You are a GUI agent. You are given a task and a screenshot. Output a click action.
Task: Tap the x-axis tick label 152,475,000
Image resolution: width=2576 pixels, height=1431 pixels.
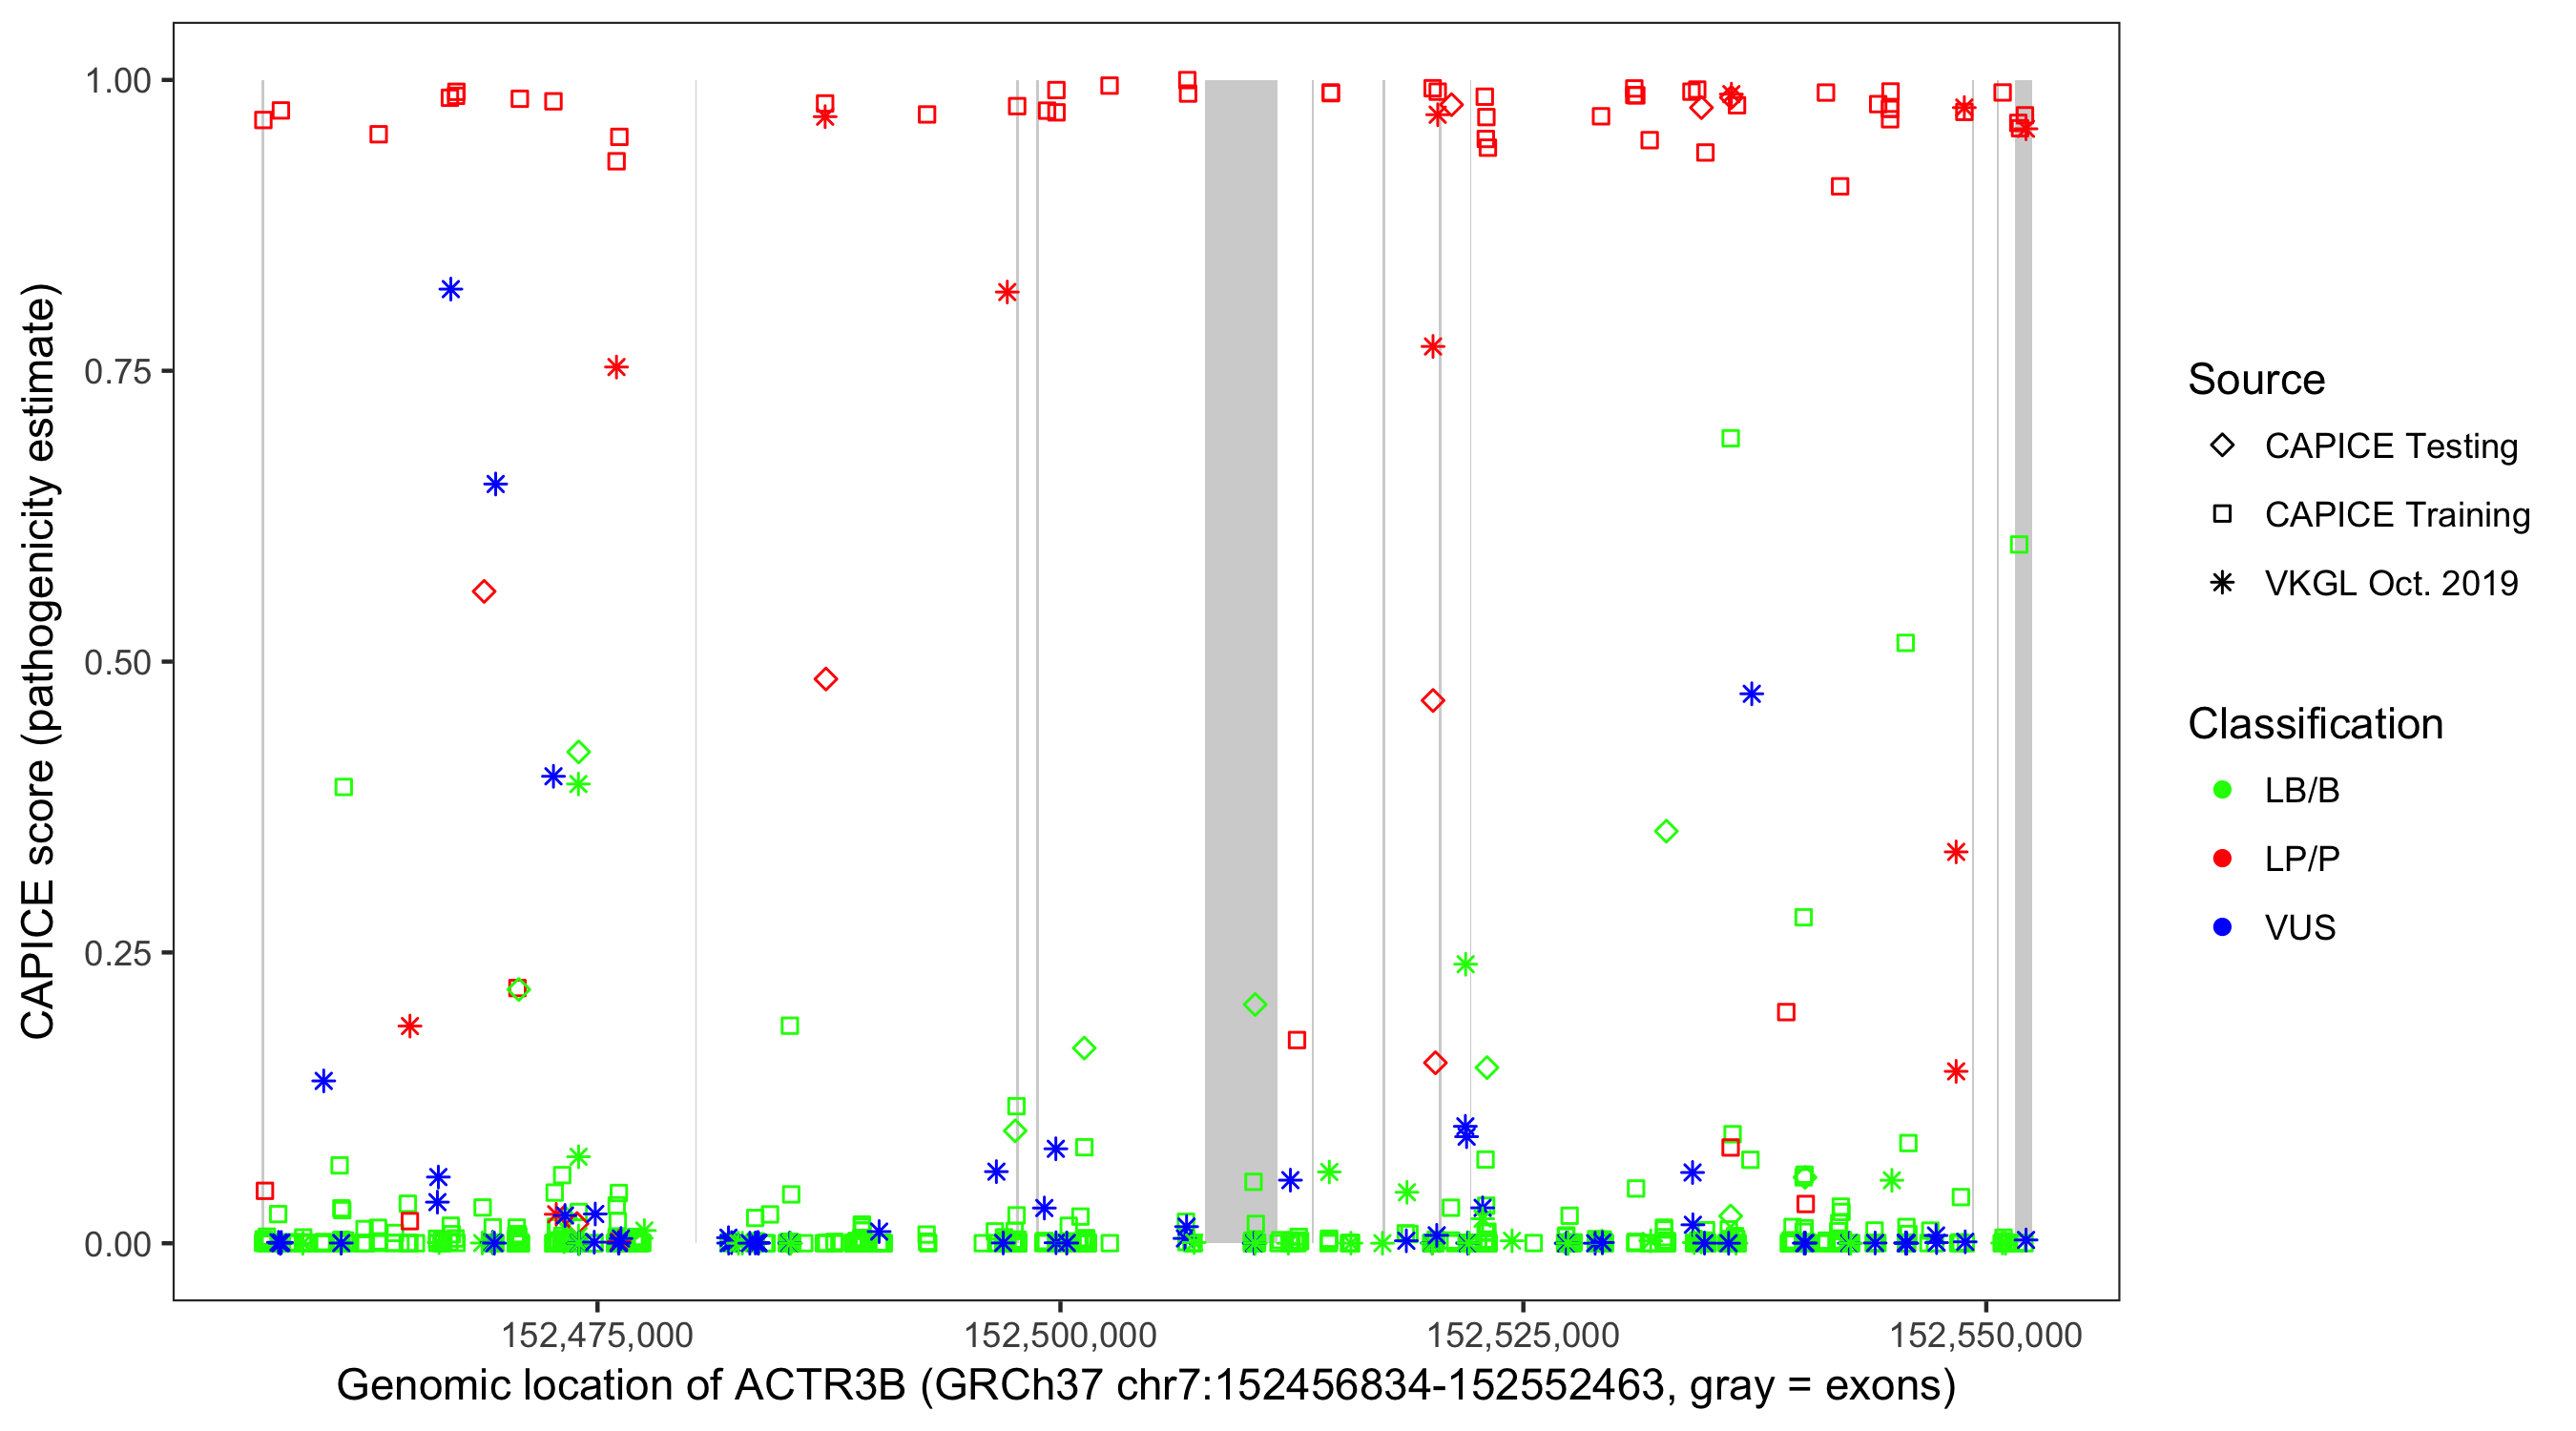pyautogui.click(x=597, y=1335)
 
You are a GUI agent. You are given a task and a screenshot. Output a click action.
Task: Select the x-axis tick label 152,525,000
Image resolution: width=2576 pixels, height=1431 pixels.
pyautogui.click(x=1523, y=1335)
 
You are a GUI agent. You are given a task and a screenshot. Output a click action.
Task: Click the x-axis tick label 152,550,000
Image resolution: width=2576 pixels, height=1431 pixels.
pyautogui.click(x=1986, y=1335)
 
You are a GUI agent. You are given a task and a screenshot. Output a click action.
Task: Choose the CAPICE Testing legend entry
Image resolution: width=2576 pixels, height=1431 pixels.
pyautogui.click(x=2390, y=446)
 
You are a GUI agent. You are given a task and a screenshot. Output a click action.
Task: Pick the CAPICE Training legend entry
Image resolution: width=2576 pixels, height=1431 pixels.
pyautogui.click(x=2396, y=515)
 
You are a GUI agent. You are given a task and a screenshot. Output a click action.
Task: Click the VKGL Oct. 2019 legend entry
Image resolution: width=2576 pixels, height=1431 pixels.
pyautogui.click(x=2390, y=583)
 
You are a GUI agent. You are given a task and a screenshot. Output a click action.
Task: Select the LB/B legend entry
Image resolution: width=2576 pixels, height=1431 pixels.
pyautogui.click(x=2301, y=791)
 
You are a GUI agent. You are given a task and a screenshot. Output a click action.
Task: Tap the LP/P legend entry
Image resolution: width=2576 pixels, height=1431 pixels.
pyautogui.click(x=2301, y=859)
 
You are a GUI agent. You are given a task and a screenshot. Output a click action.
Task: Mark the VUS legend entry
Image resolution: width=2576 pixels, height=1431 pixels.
pyautogui.click(x=2299, y=928)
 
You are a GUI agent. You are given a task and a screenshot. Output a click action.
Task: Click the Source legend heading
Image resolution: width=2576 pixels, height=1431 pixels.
pyautogui.click(x=2256, y=380)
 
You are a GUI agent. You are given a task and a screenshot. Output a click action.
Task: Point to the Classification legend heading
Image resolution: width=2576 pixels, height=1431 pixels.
pyautogui.click(x=2315, y=724)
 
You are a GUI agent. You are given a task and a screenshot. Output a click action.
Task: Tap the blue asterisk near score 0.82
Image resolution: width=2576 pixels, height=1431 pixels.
pyautogui.click(x=451, y=290)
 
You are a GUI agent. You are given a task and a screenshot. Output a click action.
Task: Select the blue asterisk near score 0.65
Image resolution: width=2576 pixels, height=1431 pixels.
pyautogui.click(x=495, y=485)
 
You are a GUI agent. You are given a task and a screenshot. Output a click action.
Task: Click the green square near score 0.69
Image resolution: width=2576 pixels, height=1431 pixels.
pyautogui.click(x=1730, y=439)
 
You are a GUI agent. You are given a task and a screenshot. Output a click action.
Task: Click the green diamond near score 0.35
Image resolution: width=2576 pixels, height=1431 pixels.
pyautogui.click(x=1666, y=831)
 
